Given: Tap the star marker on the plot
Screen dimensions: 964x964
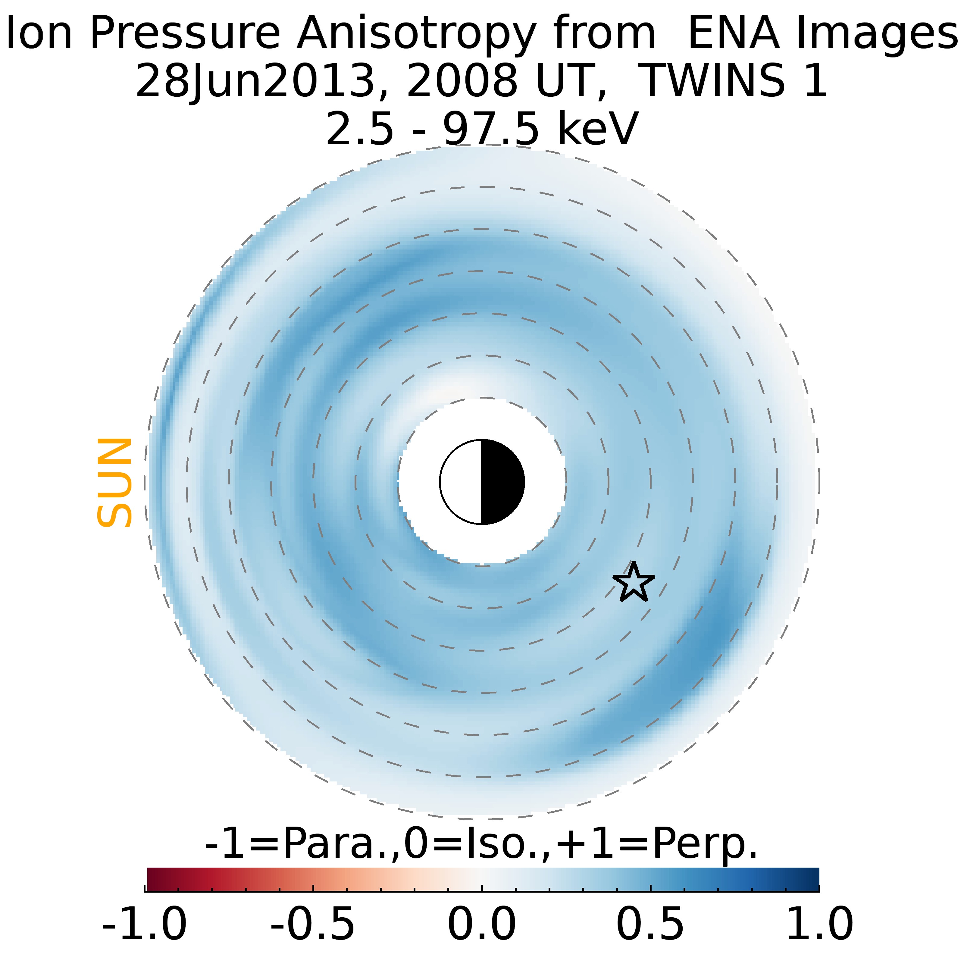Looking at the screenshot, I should (x=633, y=582).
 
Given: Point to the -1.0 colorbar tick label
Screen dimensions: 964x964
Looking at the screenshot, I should (x=144, y=924).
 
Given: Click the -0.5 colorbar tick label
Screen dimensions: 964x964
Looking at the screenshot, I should (x=313, y=924).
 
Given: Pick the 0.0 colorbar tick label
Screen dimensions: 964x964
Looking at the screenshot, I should (x=481, y=924).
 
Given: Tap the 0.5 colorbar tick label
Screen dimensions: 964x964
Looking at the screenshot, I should (x=650, y=924).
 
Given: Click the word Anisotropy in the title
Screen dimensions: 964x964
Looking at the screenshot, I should (x=416, y=34).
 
